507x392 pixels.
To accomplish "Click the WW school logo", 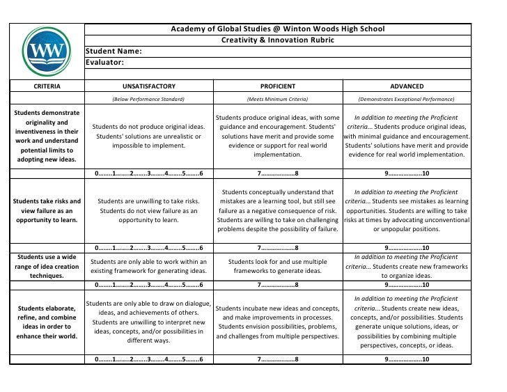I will [x=45, y=51].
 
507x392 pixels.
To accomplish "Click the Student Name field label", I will [x=114, y=52].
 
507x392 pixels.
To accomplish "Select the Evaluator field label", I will [x=104, y=63].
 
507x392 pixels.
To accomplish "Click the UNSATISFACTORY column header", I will [x=148, y=86].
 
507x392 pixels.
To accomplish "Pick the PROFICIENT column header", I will [x=277, y=86].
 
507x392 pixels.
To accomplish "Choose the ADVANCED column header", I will [x=406, y=86].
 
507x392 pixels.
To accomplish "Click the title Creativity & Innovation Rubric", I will [x=277, y=40].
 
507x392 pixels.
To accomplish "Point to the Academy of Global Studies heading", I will [x=277, y=29].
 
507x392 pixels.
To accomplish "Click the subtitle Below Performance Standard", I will [x=148, y=100].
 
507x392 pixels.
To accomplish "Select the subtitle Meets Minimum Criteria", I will [x=277, y=100].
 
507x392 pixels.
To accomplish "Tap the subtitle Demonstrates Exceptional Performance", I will [x=406, y=100].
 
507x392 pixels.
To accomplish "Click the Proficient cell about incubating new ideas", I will [x=277, y=322].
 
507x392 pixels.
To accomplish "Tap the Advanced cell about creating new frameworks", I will [x=406, y=266].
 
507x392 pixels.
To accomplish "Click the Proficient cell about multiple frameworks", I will [x=277, y=266].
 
